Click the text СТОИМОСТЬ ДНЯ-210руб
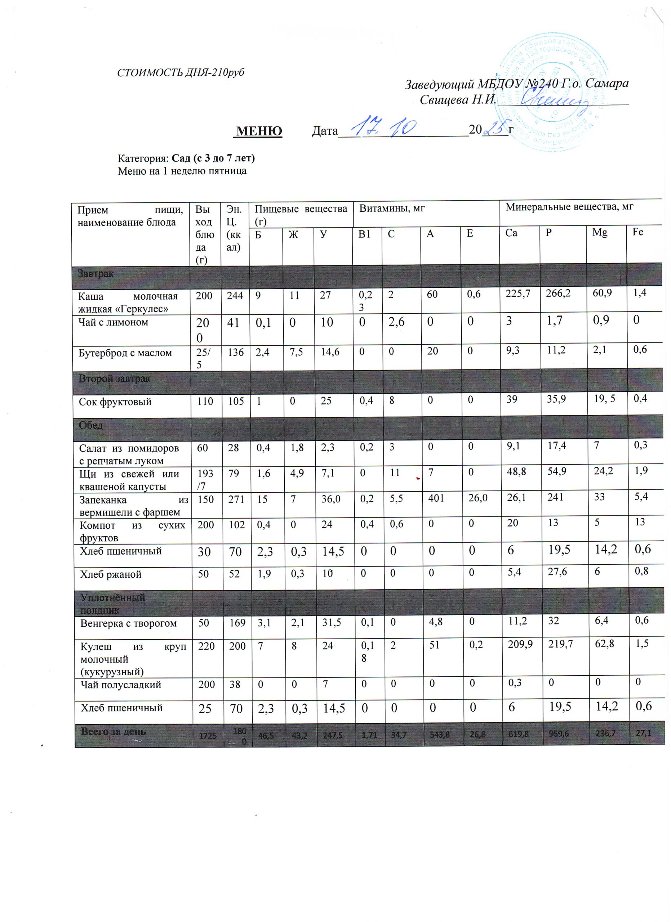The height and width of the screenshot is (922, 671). [x=181, y=73]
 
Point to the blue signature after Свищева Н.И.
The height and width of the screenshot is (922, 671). [x=553, y=100]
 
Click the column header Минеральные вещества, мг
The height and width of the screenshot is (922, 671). [x=569, y=207]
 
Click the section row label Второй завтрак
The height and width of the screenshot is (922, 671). [x=115, y=379]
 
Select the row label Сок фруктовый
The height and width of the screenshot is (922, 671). [x=115, y=402]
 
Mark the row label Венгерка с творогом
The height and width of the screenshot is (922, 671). [x=129, y=623]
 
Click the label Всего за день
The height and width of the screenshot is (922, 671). [x=113, y=732]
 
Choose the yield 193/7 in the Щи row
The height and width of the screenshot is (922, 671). [x=205, y=480]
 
